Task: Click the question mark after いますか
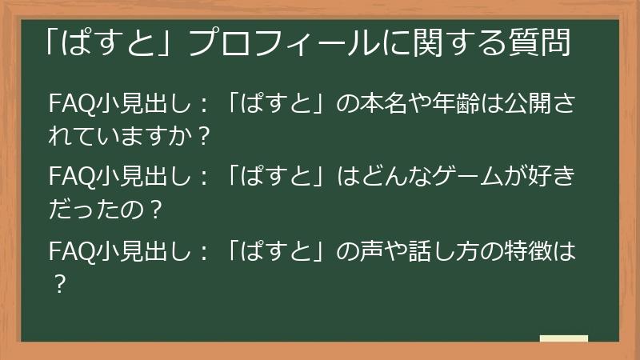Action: [x=202, y=137]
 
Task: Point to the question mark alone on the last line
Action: [x=57, y=286]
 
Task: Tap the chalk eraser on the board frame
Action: [x=563, y=339]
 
